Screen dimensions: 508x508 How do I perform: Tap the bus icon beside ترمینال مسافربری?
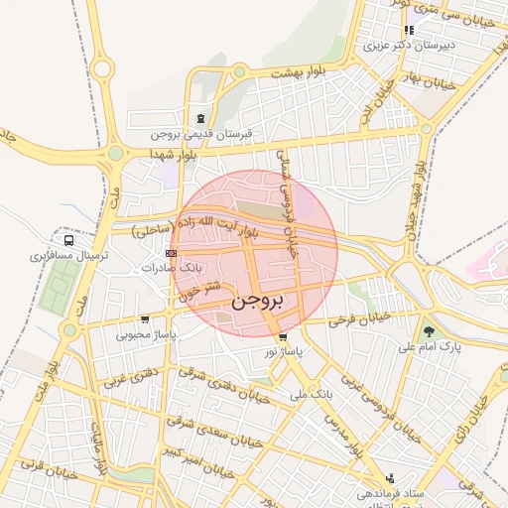tap(69, 239)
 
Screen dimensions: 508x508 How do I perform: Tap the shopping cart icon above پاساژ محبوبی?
tap(146, 319)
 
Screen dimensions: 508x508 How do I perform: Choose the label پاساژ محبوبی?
tap(146, 334)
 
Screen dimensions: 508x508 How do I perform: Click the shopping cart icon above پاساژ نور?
tap(283, 337)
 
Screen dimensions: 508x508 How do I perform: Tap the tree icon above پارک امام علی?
tap(429, 331)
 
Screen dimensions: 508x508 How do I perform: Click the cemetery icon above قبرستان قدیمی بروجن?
tap(202, 118)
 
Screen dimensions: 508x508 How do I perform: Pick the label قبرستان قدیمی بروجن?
tap(202, 133)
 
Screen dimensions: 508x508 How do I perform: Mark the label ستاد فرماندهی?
tap(391, 493)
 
